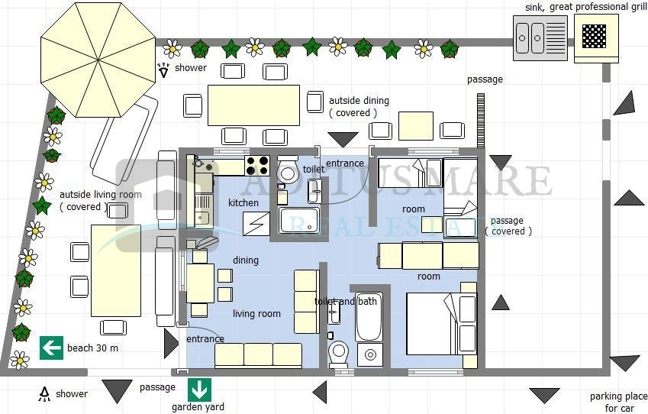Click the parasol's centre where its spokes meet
(x=98, y=60)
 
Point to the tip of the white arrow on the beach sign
(x=44, y=348)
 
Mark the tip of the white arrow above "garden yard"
(x=200, y=399)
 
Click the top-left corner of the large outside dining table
(x=208, y=86)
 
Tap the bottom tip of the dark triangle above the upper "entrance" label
(x=343, y=147)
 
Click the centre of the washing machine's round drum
(x=370, y=354)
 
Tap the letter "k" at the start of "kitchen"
(x=231, y=202)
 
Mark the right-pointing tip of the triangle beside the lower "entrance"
(x=179, y=343)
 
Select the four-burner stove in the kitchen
(x=257, y=166)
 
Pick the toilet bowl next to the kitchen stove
(x=288, y=170)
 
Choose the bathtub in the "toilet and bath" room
(x=369, y=316)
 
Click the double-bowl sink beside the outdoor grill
(x=540, y=38)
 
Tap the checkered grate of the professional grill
(x=594, y=36)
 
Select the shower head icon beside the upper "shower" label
(x=163, y=70)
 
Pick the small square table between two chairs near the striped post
(x=416, y=126)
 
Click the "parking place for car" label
(x=619, y=402)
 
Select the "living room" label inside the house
(x=256, y=313)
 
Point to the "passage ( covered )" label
(x=508, y=226)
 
